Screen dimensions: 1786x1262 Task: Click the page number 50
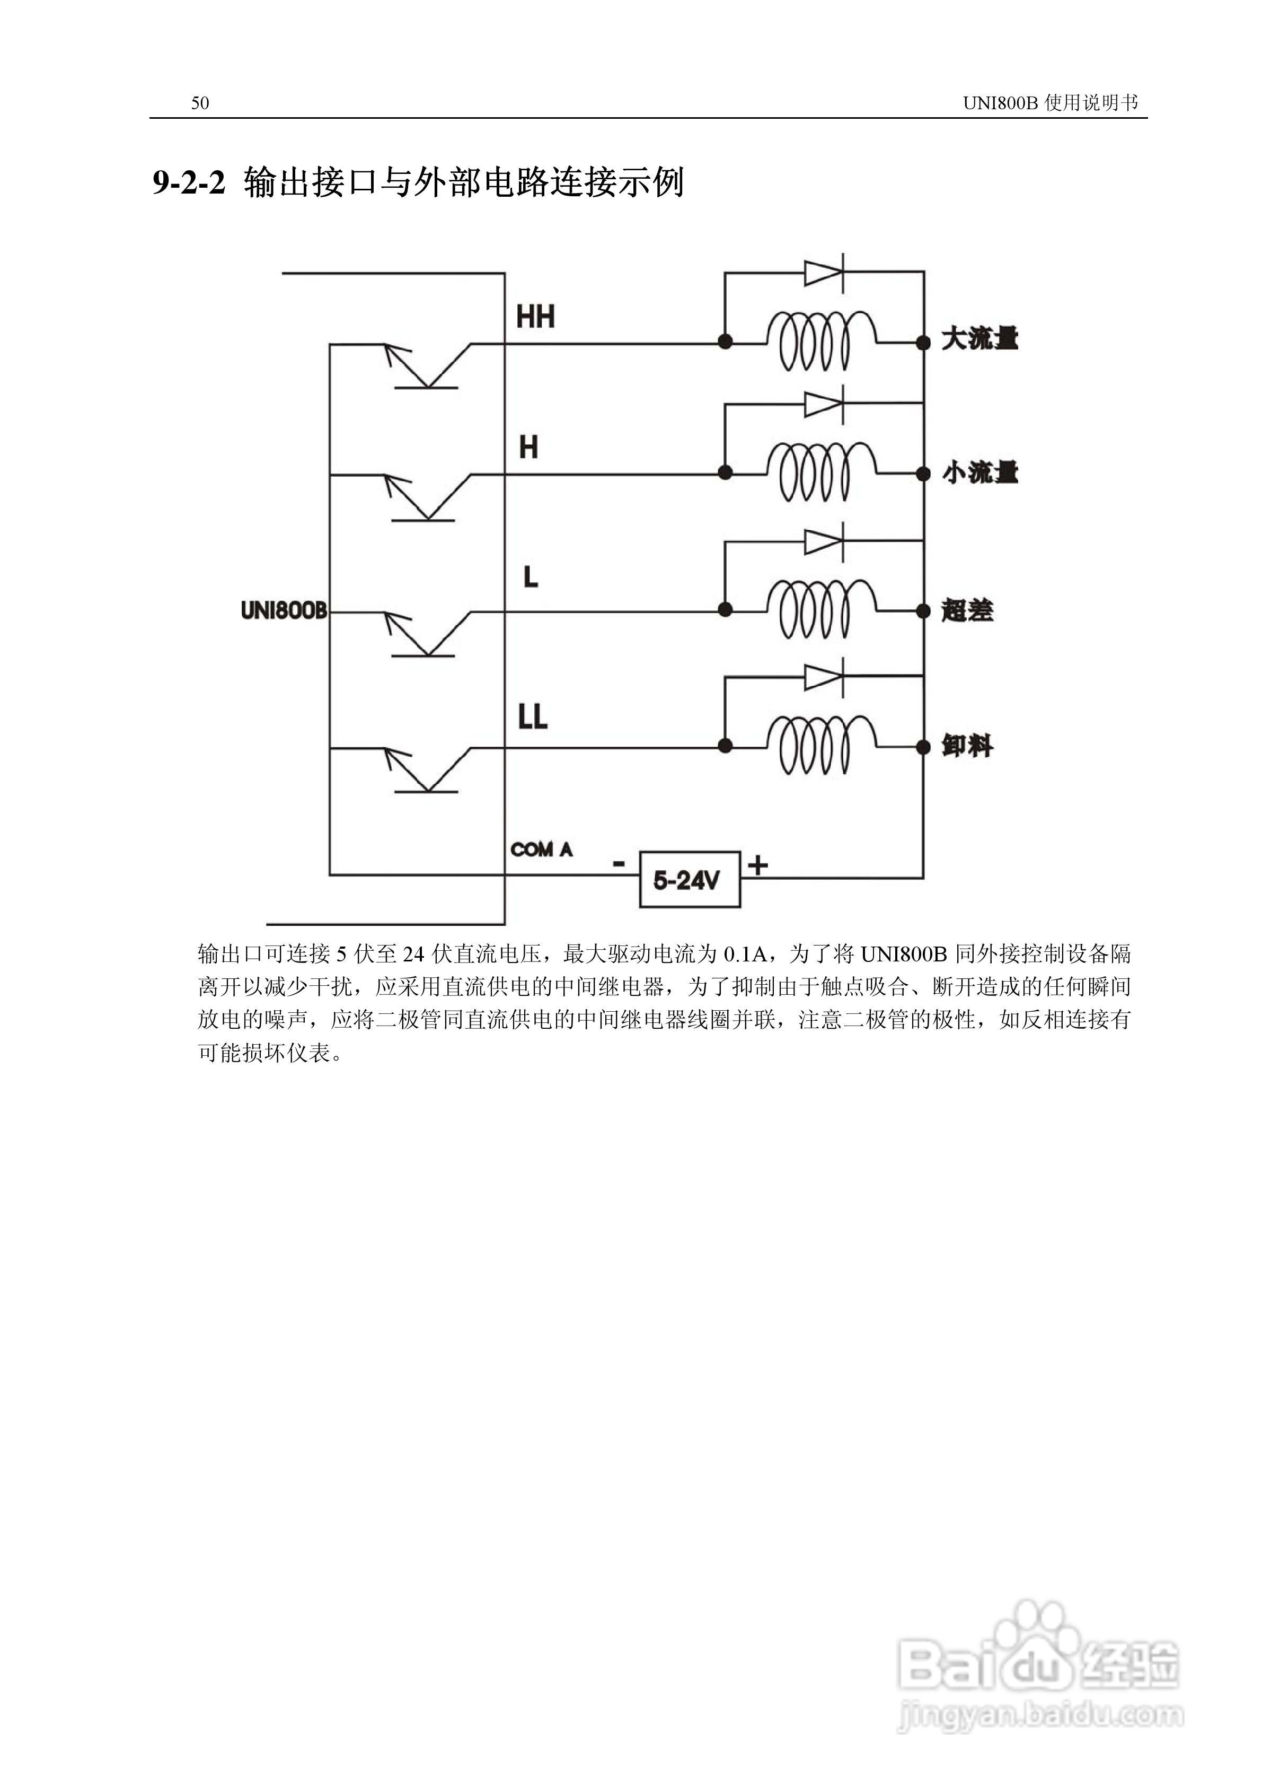click(200, 103)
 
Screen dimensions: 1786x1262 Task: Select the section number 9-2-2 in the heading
click(188, 183)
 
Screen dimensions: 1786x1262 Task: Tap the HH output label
click(535, 317)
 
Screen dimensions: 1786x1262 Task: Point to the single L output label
click(531, 577)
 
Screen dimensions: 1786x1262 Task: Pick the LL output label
click(533, 716)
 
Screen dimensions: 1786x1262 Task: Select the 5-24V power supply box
click(689, 880)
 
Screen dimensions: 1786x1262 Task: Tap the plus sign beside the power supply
click(757, 865)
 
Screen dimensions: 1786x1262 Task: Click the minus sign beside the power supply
click(619, 863)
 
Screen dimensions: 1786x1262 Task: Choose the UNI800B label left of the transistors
click(283, 611)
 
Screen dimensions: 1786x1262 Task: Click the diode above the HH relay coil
click(824, 273)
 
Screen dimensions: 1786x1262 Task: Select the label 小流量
click(979, 473)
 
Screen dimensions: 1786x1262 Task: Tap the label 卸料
click(967, 747)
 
